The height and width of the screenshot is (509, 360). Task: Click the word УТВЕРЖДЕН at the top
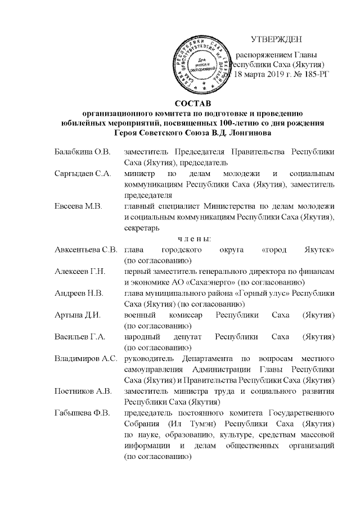click(276, 39)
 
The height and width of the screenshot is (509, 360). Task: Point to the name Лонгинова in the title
click(251, 133)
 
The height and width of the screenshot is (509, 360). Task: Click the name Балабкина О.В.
click(83, 152)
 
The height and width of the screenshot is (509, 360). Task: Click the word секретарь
click(142, 228)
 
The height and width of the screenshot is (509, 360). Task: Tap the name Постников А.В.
click(83, 391)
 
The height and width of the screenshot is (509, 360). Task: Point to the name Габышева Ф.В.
click(82, 412)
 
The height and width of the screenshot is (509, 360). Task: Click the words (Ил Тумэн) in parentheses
click(183, 424)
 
